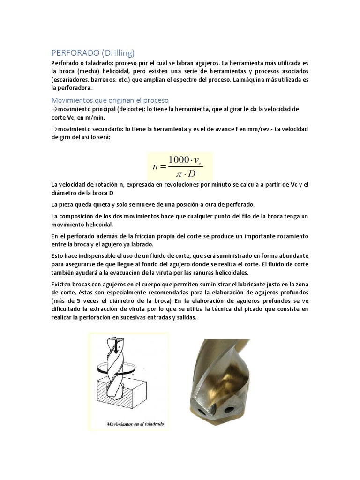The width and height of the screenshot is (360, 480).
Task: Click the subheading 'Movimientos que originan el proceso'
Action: [110, 100]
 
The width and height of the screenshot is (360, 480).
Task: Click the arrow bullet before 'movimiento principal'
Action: [53, 109]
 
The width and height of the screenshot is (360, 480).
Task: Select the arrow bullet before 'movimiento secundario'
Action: [53, 129]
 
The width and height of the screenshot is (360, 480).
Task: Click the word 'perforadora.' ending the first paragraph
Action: [71, 88]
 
